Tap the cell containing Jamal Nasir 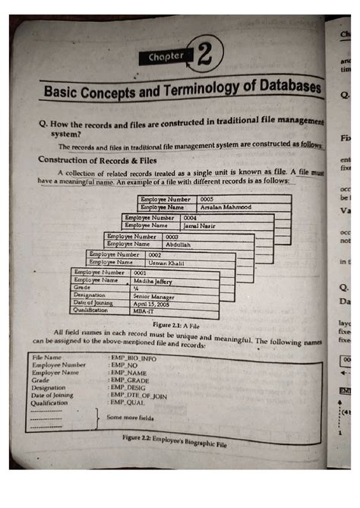(201, 226)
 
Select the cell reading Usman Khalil (166, 262)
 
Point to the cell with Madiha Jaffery (153, 280)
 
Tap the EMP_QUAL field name (127, 403)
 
